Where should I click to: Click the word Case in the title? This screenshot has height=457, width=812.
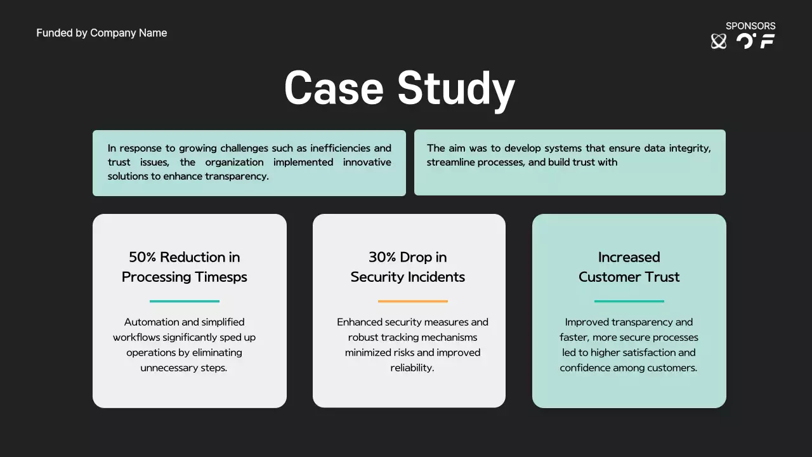(x=334, y=88)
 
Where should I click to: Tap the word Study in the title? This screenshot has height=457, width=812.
(x=456, y=89)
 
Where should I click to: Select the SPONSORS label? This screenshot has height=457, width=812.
(x=750, y=26)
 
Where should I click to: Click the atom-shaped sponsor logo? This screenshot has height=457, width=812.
(x=719, y=41)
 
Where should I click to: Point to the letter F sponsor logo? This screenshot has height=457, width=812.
(x=768, y=41)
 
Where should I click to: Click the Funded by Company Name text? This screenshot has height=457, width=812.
(x=101, y=33)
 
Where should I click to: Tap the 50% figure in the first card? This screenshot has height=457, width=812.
(x=142, y=257)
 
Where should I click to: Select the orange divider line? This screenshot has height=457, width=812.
(x=412, y=301)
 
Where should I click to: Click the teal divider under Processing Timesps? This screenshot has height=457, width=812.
(x=185, y=301)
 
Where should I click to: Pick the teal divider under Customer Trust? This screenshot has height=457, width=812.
(x=629, y=301)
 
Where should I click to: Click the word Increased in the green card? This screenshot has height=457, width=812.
(x=629, y=257)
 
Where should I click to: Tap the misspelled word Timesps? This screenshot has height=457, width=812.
(x=221, y=277)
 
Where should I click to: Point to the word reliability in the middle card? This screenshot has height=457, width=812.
(x=412, y=368)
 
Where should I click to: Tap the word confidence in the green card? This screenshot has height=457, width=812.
(x=585, y=368)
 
